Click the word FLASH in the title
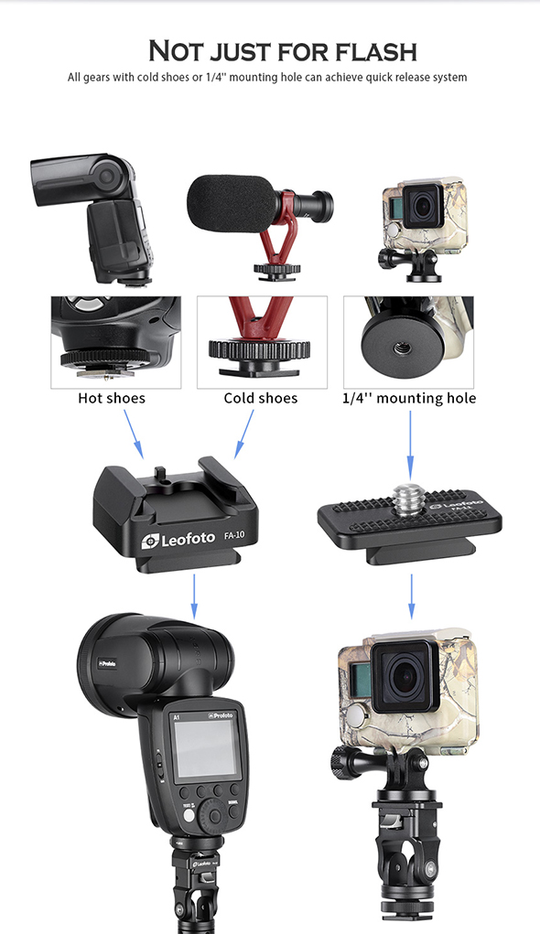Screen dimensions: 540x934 [x=375, y=51]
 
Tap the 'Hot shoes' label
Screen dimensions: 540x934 [x=112, y=398]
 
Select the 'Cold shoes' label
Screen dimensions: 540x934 [x=261, y=398]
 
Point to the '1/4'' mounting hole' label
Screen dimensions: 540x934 [x=409, y=398]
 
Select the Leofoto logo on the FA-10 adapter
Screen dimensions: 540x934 [x=178, y=540]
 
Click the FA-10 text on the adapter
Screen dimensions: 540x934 [x=234, y=535]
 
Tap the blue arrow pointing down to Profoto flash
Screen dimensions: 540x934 [x=194, y=596]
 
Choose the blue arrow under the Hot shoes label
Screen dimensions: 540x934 [x=134, y=435]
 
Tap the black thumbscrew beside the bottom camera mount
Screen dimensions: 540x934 [x=340, y=762]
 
